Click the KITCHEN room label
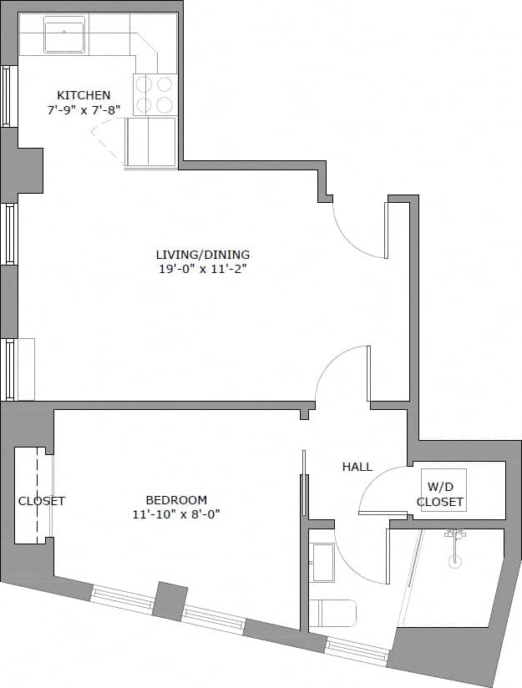(x=83, y=94)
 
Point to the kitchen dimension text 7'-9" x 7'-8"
(x=84, y=109)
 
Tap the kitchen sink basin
(x=63, y=37)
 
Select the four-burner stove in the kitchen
(x=155, y=94)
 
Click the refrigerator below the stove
(x=151, y=142)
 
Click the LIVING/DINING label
(x=202, y=255)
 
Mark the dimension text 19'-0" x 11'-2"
(x=202, y=269)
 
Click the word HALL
(x=357, y=467)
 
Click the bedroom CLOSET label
(x=42, y=501)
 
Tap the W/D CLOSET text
(x=440, y=495)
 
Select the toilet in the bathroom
(x=332, y=614)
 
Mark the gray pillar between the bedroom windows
(x=170, y=600)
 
